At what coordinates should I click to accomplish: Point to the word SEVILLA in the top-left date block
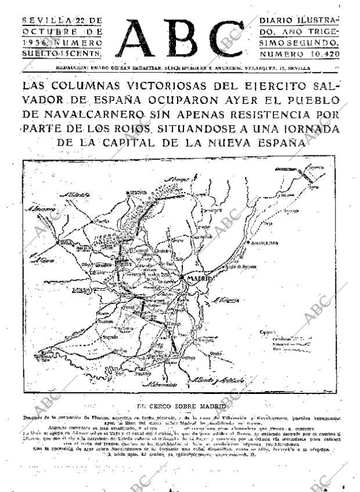click(44, 20)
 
